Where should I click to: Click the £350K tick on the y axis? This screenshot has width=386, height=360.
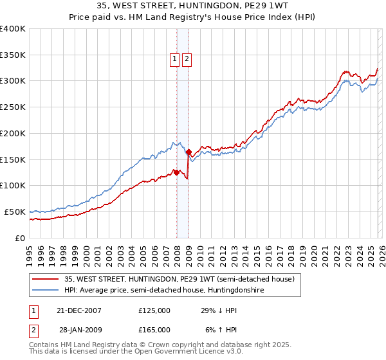[x=13, y=55]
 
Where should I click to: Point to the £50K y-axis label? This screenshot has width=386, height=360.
[x=15, y=212]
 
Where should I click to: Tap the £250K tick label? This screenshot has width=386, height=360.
[x=13, y=107]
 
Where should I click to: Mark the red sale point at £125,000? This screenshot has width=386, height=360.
[x=176, y=172]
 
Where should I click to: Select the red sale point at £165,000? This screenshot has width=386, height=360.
[x=188, y=152]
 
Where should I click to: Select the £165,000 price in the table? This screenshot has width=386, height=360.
[x=154, y=330]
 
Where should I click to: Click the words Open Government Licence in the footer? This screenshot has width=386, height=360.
[x=178, y=352]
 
